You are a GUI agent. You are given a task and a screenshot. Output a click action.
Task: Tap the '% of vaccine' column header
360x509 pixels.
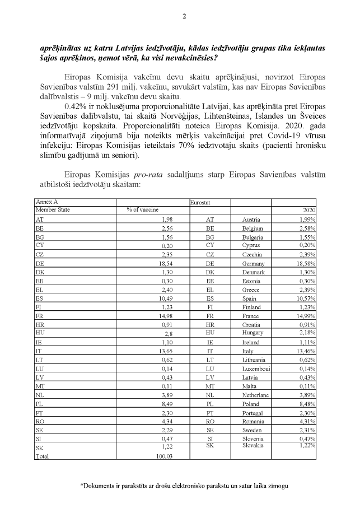142,209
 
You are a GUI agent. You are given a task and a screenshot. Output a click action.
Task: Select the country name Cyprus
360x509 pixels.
251,245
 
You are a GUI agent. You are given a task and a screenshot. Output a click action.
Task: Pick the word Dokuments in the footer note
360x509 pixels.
101,485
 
